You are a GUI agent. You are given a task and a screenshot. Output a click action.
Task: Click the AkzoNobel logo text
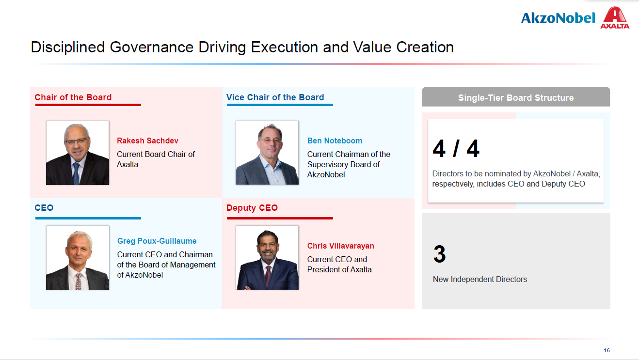[558, 18]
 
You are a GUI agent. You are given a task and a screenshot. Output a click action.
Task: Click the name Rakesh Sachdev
[147, 141]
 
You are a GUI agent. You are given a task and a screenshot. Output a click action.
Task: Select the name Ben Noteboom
[335, 141]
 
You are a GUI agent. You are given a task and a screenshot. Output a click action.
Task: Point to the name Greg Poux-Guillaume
[157, 241]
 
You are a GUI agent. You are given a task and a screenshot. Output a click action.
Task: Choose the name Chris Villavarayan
[341, 246]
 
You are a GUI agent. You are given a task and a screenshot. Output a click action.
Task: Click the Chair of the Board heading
[73, 97]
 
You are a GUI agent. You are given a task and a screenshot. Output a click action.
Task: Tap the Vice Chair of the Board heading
[275, 97]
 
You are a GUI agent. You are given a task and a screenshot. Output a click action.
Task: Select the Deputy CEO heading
[252, 208]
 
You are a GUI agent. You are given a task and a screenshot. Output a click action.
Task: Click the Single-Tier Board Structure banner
[516, 97]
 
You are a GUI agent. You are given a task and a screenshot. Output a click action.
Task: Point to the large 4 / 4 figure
[456, 148]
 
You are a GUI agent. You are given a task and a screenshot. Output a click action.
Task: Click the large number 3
[439, 254]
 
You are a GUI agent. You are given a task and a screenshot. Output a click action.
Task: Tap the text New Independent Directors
[480, 279]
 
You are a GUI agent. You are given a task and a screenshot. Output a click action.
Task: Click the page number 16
[607, 350]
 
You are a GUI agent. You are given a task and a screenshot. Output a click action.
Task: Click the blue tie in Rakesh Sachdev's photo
[76, 173]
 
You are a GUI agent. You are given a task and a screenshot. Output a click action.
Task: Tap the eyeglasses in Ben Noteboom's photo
[270, 141]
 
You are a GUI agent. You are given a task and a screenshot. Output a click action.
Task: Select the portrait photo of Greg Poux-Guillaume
[78, 258]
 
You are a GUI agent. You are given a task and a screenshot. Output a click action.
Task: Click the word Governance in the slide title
[151, 47]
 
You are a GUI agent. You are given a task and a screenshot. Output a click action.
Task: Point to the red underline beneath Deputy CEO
[280, 219]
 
